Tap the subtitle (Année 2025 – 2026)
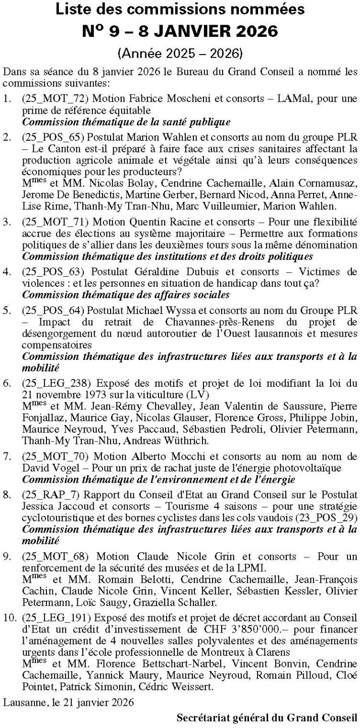(180, 53)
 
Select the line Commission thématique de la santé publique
(127, 121)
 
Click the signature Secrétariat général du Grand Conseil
(267, 717)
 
